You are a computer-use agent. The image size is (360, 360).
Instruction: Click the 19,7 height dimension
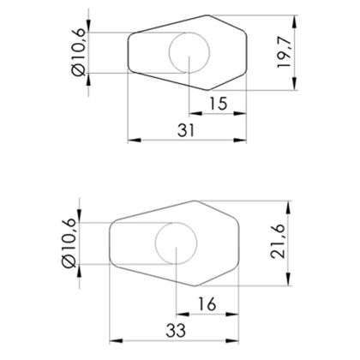coord(285,52)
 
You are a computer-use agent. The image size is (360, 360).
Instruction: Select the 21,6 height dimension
coord(278,241)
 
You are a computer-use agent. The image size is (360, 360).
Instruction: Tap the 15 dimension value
coord(219,104)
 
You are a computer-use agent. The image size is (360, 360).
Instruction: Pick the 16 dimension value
coord(207,304)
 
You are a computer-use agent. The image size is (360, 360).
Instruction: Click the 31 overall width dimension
coord(186,130)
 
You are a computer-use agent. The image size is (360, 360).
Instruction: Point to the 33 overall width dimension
coord(176,331)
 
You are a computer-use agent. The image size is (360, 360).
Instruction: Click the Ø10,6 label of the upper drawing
coord(79,52)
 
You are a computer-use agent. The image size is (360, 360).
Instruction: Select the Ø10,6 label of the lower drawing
coord(69,243)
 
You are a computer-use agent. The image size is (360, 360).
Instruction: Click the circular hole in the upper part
coord(189,33)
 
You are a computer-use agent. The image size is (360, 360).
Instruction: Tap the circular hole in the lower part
coord(176,222)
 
